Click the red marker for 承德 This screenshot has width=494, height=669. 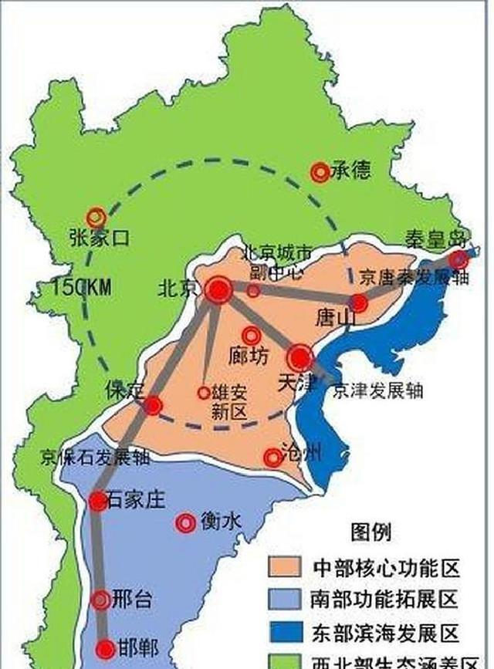[320, 173]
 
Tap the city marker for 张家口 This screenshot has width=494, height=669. [96, 218]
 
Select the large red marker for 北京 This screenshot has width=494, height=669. [218, 290]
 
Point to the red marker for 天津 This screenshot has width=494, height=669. [300, 358]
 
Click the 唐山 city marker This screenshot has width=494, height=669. [359, 302]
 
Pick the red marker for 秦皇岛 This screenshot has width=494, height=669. [459, 258]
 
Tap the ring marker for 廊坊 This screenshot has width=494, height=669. [251, 336]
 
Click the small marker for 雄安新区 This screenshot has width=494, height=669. [204, 393]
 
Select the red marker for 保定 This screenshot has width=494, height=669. [153, 405]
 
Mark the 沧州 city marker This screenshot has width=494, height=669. [272, 458]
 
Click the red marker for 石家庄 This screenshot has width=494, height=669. [97, 501]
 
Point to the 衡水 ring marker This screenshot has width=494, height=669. [185, 523]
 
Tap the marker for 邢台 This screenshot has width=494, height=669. [100, 599]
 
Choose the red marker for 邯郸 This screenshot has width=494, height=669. [107, 648]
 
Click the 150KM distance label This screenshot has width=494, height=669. [82, 287]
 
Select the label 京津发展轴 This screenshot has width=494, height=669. [377, 391]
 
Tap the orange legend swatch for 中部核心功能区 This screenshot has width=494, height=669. [286, 567]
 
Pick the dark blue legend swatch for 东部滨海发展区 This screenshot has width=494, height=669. [286, 630]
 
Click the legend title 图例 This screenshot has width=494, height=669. [370, 532]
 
